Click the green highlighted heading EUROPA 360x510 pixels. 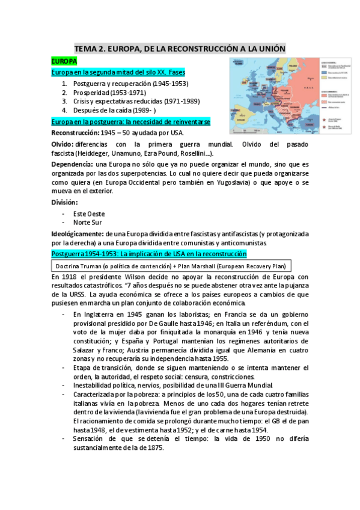point(64,61)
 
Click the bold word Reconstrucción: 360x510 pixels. point(75,132)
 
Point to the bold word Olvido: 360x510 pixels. point(63,145)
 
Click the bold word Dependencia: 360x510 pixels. point(72,164)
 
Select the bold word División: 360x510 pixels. point(65,202)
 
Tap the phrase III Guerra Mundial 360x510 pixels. point(243,385)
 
